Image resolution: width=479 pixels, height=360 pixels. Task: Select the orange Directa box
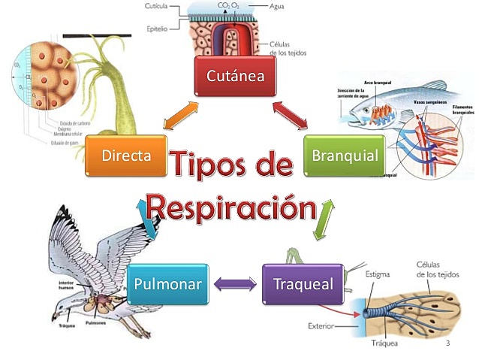pos(125,156)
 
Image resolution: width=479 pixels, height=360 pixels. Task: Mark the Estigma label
pos(378,275)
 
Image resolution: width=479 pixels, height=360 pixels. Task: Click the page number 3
pos(447,343)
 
